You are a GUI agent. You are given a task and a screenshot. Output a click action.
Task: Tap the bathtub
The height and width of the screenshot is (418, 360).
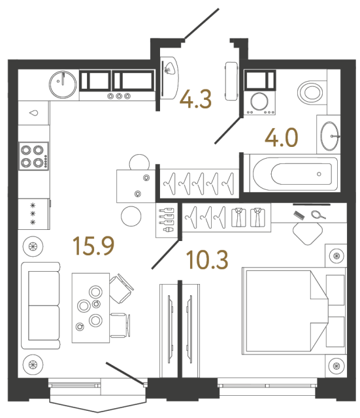(291, 174)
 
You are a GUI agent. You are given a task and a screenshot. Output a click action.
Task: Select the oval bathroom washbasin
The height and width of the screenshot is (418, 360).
(330, 135)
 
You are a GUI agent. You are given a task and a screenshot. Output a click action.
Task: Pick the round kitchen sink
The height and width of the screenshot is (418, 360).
(63, 82)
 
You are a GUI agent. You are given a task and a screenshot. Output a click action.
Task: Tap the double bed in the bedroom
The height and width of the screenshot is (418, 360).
(284, 309)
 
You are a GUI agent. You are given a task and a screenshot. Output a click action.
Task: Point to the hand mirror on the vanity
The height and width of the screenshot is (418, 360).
(319, 214)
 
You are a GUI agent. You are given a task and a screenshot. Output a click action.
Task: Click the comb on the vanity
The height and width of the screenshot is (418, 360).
(300, 213)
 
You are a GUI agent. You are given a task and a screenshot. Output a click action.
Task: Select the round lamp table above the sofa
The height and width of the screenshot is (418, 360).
(31, 247)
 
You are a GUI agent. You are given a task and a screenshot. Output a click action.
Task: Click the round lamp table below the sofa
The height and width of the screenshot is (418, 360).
(31, 363)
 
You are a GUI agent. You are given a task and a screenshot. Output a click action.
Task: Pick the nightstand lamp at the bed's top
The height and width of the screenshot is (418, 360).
(336, 255)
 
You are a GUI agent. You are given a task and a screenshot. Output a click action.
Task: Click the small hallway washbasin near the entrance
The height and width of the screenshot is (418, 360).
(170, 69)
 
